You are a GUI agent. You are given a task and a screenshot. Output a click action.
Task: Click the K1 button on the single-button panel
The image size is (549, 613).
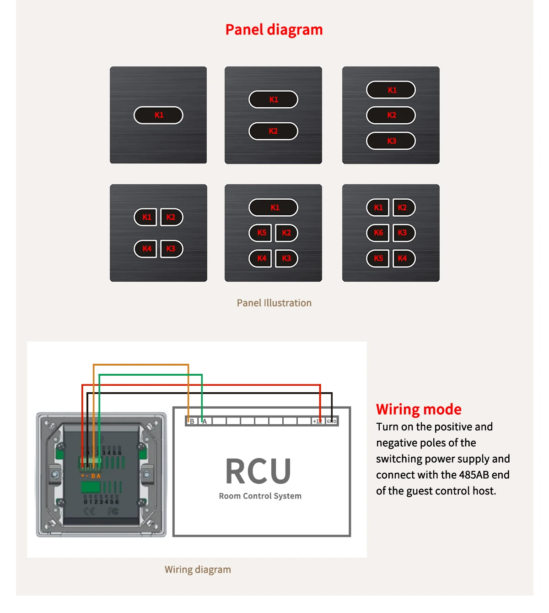pyautogui.click(x=158, y=115)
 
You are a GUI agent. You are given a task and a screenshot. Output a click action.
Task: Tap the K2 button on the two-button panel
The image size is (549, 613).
pyautogui.click(x=273, y=131)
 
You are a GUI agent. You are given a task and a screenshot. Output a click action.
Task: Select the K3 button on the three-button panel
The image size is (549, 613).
pyautogui.click(x=391, y=141)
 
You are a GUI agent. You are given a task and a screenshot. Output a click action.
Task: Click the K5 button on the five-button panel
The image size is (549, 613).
pyautogui.click(x=261, y=233)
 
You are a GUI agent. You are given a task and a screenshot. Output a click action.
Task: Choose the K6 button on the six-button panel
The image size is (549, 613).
pyautogui.click(x=378, y=233)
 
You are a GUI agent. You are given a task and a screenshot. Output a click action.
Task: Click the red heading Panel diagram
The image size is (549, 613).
pyautogui.click(x=274, y=30)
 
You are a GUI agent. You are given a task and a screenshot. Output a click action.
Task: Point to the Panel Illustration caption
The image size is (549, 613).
pyautogui.click(x=274, y=303)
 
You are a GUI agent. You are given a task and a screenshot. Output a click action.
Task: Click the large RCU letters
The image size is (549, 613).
pyautogui.click(x=258, y=471)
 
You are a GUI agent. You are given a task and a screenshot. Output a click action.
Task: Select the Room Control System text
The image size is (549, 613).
pyautogui.click(x=260, y=496)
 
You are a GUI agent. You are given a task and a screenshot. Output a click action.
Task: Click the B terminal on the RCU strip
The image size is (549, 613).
pyautogui.click(x=192, y=421)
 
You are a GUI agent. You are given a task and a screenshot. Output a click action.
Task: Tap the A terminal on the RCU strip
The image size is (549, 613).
pyautogui.click(x=205, y=421)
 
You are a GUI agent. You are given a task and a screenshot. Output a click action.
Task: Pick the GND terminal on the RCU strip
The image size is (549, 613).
pyautogui.click(x=332, y=421)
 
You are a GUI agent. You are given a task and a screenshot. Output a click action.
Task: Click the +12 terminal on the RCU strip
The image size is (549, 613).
pyautogui.click(x=318, y=421)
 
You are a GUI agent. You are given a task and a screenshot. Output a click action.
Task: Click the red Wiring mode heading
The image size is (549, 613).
pyautogui.click(x=419, y=409)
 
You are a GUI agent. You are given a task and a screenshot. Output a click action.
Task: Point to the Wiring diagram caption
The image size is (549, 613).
pyautogui.click(x=198, y=569)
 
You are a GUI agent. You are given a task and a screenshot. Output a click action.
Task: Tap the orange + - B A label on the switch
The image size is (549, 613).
pyautogui.click(x=91, y=476)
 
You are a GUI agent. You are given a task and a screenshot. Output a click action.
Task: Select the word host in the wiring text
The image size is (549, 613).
pyautogui.click(x=484, y=491)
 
